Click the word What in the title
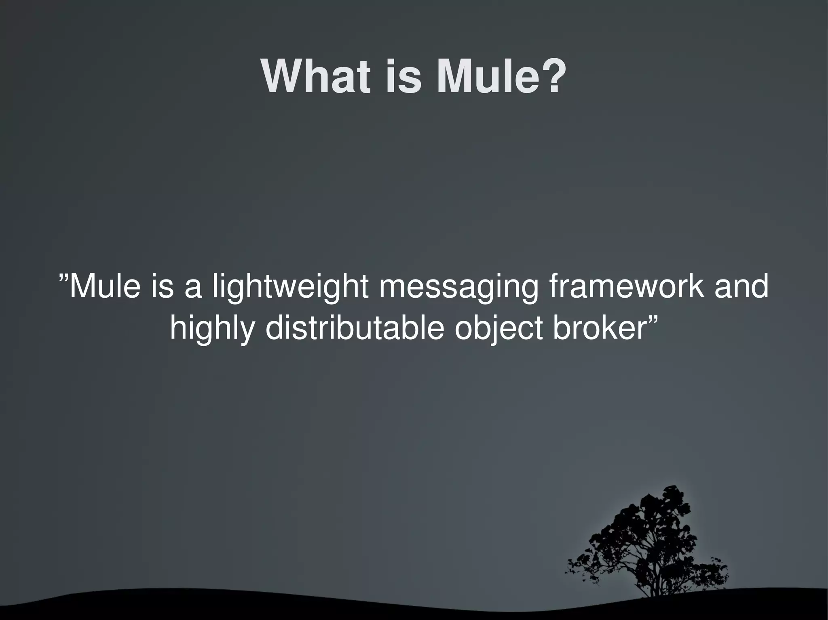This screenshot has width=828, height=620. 315,77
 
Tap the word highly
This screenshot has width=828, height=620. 213,329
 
